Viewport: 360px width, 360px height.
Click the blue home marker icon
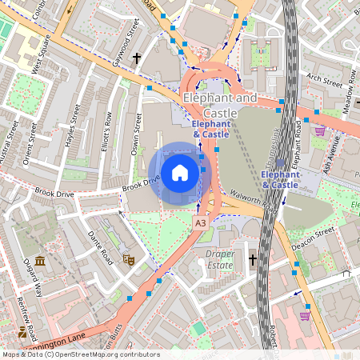click(x=180, y=173)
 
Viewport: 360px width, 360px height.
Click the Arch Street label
click(x=324, y=78)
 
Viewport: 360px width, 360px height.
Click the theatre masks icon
click(x=126, y=259)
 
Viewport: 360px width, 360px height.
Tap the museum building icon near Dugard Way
click(x=39, y=262)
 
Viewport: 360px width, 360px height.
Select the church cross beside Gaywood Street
click(x=137, y=58)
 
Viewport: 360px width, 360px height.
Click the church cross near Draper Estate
click(x=253, y=259)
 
